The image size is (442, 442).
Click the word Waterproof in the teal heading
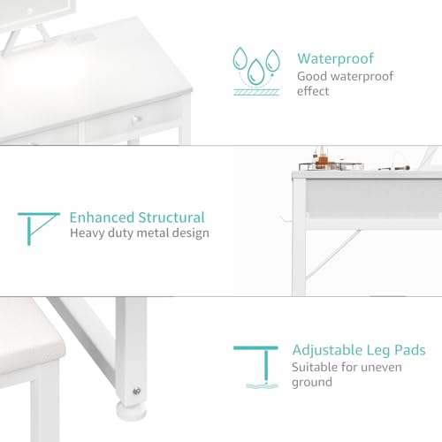point(335,58)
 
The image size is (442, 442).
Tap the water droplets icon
point(256,72)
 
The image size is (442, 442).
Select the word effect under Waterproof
point(313,91)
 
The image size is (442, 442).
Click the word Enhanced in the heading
point(102,217)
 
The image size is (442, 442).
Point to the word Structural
point(171,217)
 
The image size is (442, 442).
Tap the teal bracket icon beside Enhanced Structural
point(39,229)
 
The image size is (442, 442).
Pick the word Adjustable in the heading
point(327,351)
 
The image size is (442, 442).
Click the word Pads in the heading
point(410,350)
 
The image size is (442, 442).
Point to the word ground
point(312,383)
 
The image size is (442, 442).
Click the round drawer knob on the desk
point(136,119)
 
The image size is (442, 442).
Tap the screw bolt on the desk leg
point(136,392)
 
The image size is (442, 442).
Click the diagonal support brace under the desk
point(333,255)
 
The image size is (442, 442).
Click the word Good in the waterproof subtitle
point(312,76)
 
